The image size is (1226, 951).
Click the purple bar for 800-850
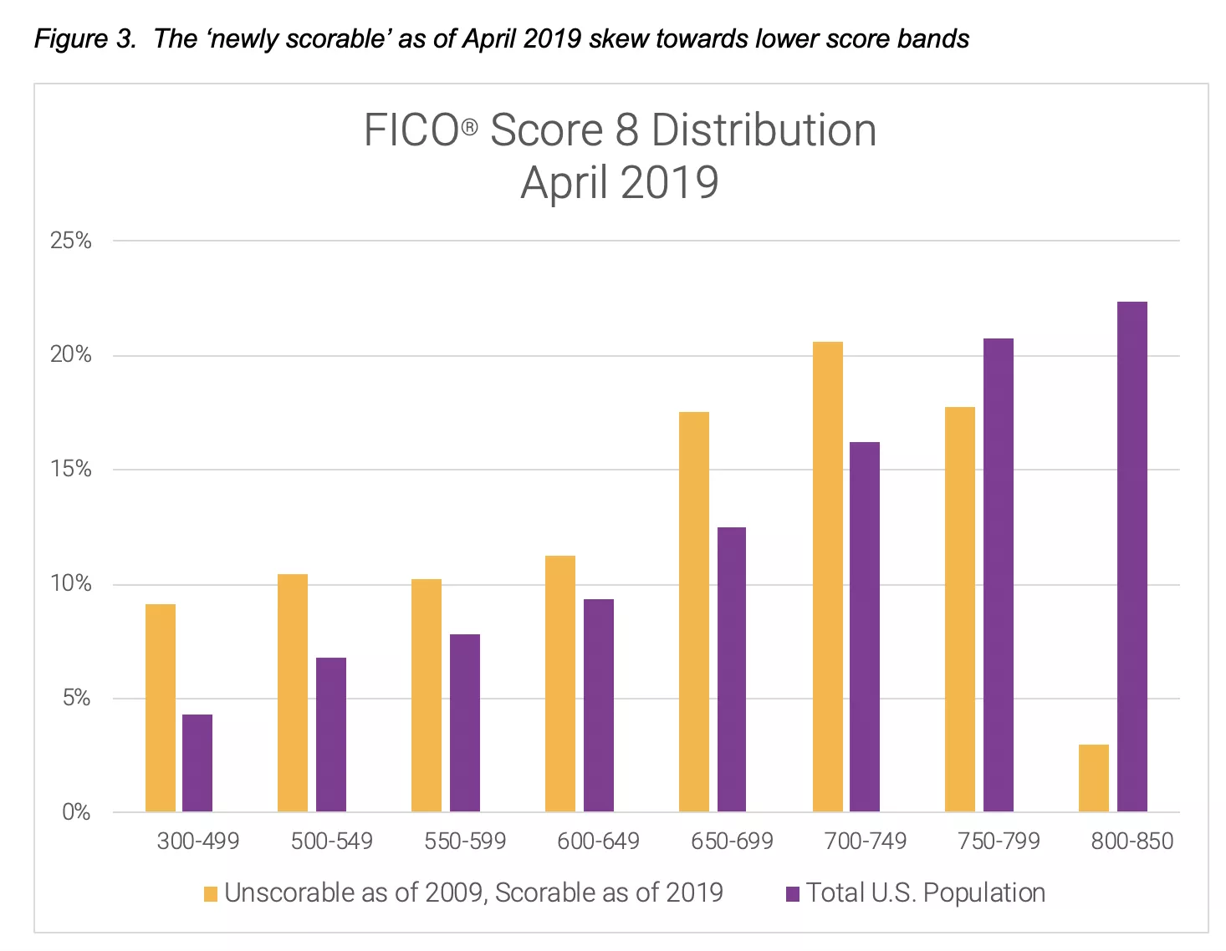point(1131,557)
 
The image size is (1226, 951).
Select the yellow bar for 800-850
point(1093,778)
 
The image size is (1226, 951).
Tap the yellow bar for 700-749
point(827,577)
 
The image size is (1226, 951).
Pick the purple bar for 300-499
point(197,763)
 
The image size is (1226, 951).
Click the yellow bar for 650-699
point(693,612)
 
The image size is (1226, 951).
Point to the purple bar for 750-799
point(998,575)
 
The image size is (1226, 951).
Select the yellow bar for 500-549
point(293,693)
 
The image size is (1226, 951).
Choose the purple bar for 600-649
point(598,705)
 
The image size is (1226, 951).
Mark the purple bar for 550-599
point(464,723)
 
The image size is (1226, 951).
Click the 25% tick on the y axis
point(71,241)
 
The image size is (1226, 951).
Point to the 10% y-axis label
point(71,583)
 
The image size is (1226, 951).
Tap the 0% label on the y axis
point(76,811)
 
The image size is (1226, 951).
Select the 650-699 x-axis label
point(732,841)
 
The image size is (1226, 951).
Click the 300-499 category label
point(198,841)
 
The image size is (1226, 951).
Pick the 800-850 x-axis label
point(1131,841)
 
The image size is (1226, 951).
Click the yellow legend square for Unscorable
point(210,894)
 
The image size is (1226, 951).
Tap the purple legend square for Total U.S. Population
point(793,894)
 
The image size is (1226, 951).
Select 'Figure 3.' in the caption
point(84,38)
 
